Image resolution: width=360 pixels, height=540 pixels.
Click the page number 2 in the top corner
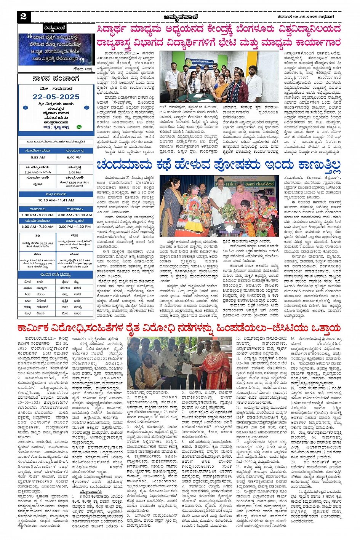[x=23, y=16]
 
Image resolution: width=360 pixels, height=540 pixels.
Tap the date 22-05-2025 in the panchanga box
[x=56, y=97]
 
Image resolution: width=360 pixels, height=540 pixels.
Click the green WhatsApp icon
[x=79, y=127]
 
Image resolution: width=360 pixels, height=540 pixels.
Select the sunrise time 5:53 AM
[x=38, y=157]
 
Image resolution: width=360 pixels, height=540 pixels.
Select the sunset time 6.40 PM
[x=74, y=157]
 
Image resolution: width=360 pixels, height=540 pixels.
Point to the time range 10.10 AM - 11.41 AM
[x=56, y=200]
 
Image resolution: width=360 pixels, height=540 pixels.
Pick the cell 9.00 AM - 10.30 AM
[x=75, y=215]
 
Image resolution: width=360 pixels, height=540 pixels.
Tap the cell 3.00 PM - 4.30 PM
[x=75, y=227]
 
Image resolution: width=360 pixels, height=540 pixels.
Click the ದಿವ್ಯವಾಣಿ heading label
[x=55, y=28]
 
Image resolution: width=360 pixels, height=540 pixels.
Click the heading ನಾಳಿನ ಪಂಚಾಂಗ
[x=56, y=79]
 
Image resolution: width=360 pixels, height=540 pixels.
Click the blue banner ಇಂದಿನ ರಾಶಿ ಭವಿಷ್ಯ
[x=56, y=275]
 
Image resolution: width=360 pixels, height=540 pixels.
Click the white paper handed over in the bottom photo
[x=184, y=366]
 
